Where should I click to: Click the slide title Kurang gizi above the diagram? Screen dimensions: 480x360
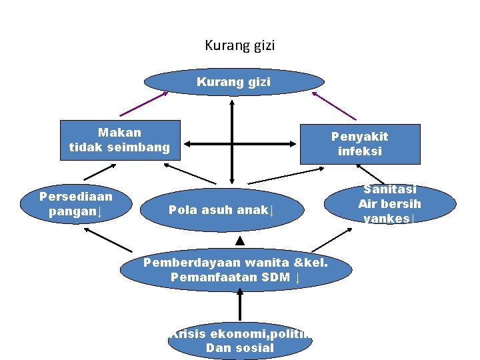click(240, 46)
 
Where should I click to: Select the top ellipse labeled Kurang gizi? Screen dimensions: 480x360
click(234, 82)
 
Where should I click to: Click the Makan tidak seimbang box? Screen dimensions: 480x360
click(120, 140)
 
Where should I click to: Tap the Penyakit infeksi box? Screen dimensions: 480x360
click(360, 144)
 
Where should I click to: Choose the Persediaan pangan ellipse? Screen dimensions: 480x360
click(76, 205)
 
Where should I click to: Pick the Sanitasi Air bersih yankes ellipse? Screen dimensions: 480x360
click(390, 204)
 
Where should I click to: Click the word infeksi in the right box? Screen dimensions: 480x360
click(360, 151)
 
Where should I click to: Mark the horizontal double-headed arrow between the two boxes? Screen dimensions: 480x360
click(240, 143)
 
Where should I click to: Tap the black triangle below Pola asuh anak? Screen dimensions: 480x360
click(240, 239)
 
